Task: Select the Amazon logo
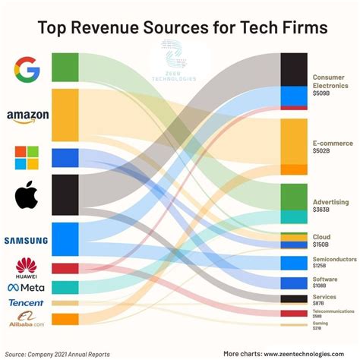coord(27,116)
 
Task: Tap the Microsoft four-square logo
coord(27,157)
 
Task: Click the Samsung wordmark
coord(26,241)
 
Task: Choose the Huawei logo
coord(27,267)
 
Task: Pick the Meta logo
coord(27,287)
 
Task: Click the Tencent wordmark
coord(27,303)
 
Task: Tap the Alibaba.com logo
coord(27,319)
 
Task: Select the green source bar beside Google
coord(65,67)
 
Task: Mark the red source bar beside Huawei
coord(65,268)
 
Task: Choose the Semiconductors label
coord(334,260)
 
